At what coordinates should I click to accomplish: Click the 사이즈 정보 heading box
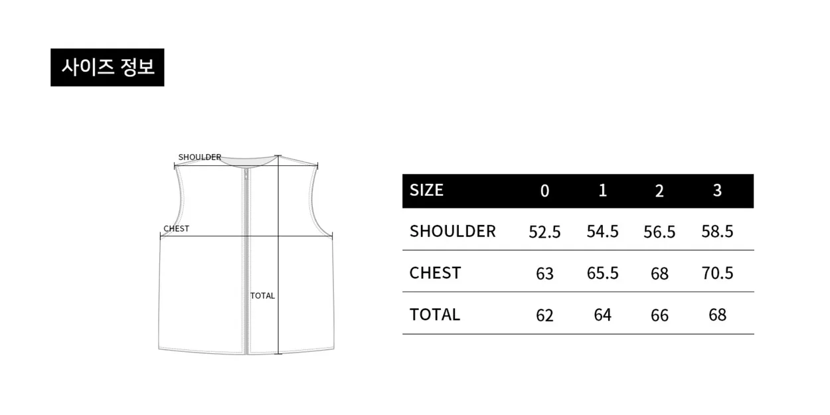[x=108, y=67]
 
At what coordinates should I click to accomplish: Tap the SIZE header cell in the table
[x=426, y=190]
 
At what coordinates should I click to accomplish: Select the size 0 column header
[x=544, y=191]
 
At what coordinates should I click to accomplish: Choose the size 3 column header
[x=717, y=191]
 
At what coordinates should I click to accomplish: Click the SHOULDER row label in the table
[x=453, y=231]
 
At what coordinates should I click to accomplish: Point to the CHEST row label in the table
[x=435, y=273]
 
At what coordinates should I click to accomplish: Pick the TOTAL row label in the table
[x=435, y=314]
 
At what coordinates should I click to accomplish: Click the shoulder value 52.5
[x=544, y=232]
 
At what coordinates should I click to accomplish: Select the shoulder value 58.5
[x=717, y=232]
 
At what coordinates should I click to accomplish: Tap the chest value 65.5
[x=602, y=273]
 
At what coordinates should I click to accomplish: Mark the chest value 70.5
[x=717, y=273]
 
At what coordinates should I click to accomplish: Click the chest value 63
[x=544, y=274]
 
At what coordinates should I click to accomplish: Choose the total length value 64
[x=602, y=315]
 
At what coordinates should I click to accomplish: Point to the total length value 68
[x=717, y=315]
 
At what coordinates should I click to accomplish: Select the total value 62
[x=544, y=315]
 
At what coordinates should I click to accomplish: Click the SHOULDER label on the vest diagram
[x=200, y=157]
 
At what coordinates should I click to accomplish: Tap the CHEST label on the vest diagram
[x=177, y=228]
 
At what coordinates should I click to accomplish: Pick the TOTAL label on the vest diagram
[x=262, y=295]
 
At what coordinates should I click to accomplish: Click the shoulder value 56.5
[x=659, y=232]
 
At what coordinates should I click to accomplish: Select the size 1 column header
[x=602, y=191]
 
